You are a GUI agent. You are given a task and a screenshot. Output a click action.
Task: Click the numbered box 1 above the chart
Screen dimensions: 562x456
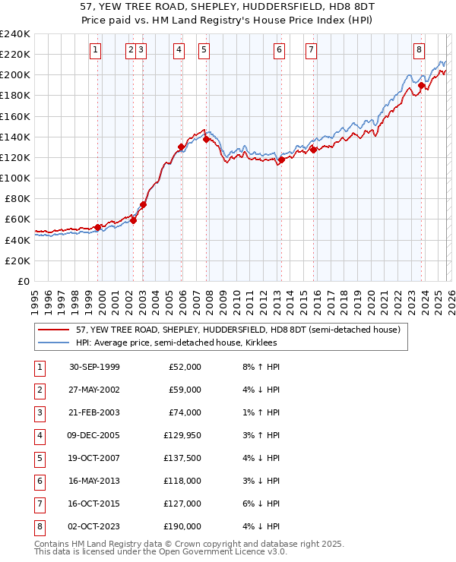point(96,50)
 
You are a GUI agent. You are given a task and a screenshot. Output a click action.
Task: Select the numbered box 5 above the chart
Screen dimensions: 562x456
point(204,50)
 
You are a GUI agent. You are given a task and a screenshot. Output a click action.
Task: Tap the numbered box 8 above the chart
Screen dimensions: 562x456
point(419,50)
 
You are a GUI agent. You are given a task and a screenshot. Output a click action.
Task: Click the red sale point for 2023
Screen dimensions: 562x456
point(421,86)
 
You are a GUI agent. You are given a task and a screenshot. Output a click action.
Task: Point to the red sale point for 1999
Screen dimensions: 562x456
point(98,227)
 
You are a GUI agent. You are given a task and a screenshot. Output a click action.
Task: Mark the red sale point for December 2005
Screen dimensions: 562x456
point(181,147)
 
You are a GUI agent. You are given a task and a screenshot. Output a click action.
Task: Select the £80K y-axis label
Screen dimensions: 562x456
point(17,198)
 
